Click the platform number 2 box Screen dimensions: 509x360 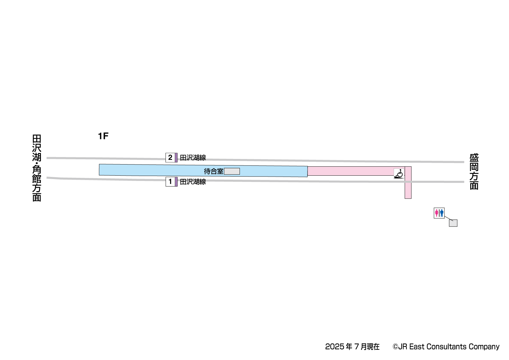coord(170,158)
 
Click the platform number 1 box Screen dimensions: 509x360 coord(170,182)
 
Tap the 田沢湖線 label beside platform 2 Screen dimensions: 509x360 coord(193,158)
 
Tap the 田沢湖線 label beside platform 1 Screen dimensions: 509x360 coord(193,182)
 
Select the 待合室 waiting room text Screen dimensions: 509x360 coord(214,171)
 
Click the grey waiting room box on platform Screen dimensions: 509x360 coord(232,171)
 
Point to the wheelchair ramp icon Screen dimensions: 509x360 coord(399,174)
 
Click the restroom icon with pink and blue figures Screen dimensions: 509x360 coord(439,213)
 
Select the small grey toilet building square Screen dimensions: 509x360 coord(453,223)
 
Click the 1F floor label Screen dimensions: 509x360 coord(103,136)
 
